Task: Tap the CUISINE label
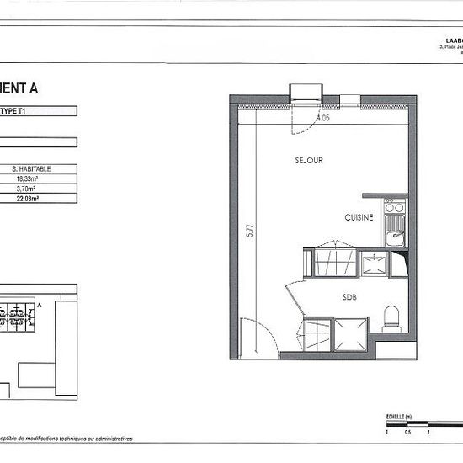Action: pyautogui.click(x=359, y=217)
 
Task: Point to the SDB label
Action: pyautogui.click(x=349, y=296)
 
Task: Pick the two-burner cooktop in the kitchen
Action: pyautogui.click(x=393, y=205)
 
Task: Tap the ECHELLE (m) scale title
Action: pyautogui.click(x=395, y=417)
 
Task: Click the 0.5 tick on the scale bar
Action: pyautogui.click(x=409, y=432)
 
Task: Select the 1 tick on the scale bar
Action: pyautogui.click(x=429, y=432)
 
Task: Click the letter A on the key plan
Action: pyautogui.click(x=40, y=305)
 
